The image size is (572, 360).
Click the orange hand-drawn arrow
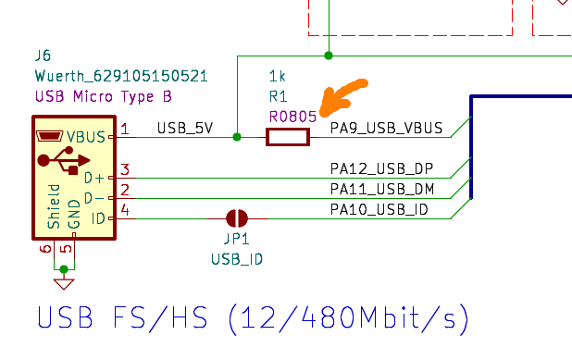[x=341, y=99]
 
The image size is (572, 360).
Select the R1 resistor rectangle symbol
[x=287, y=137]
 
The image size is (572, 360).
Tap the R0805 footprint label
[x=292, y=117]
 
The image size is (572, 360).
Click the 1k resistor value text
[x=277, y=74]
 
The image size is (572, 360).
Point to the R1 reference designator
[x=278, y=95]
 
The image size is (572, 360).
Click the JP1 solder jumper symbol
[x=237, y=218]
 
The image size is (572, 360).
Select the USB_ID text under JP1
[x=237, y=258]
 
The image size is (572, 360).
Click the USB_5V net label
[x=185, y=128]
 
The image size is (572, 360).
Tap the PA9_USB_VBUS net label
[x=386, y=128]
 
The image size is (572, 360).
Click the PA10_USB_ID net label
[x=379, y=209]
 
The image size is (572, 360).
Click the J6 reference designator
[x=43, y=56]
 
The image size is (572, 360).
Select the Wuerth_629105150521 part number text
[x=120, y=76]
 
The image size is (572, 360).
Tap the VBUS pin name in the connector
[x=88, y=137]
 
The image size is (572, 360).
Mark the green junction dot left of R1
[x=237, y=137]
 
